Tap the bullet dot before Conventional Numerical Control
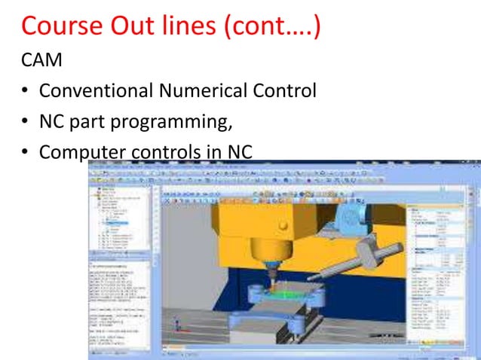(x=25, y=92)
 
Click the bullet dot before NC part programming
(x=25, y=123)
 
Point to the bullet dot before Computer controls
(x=25, y=153)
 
